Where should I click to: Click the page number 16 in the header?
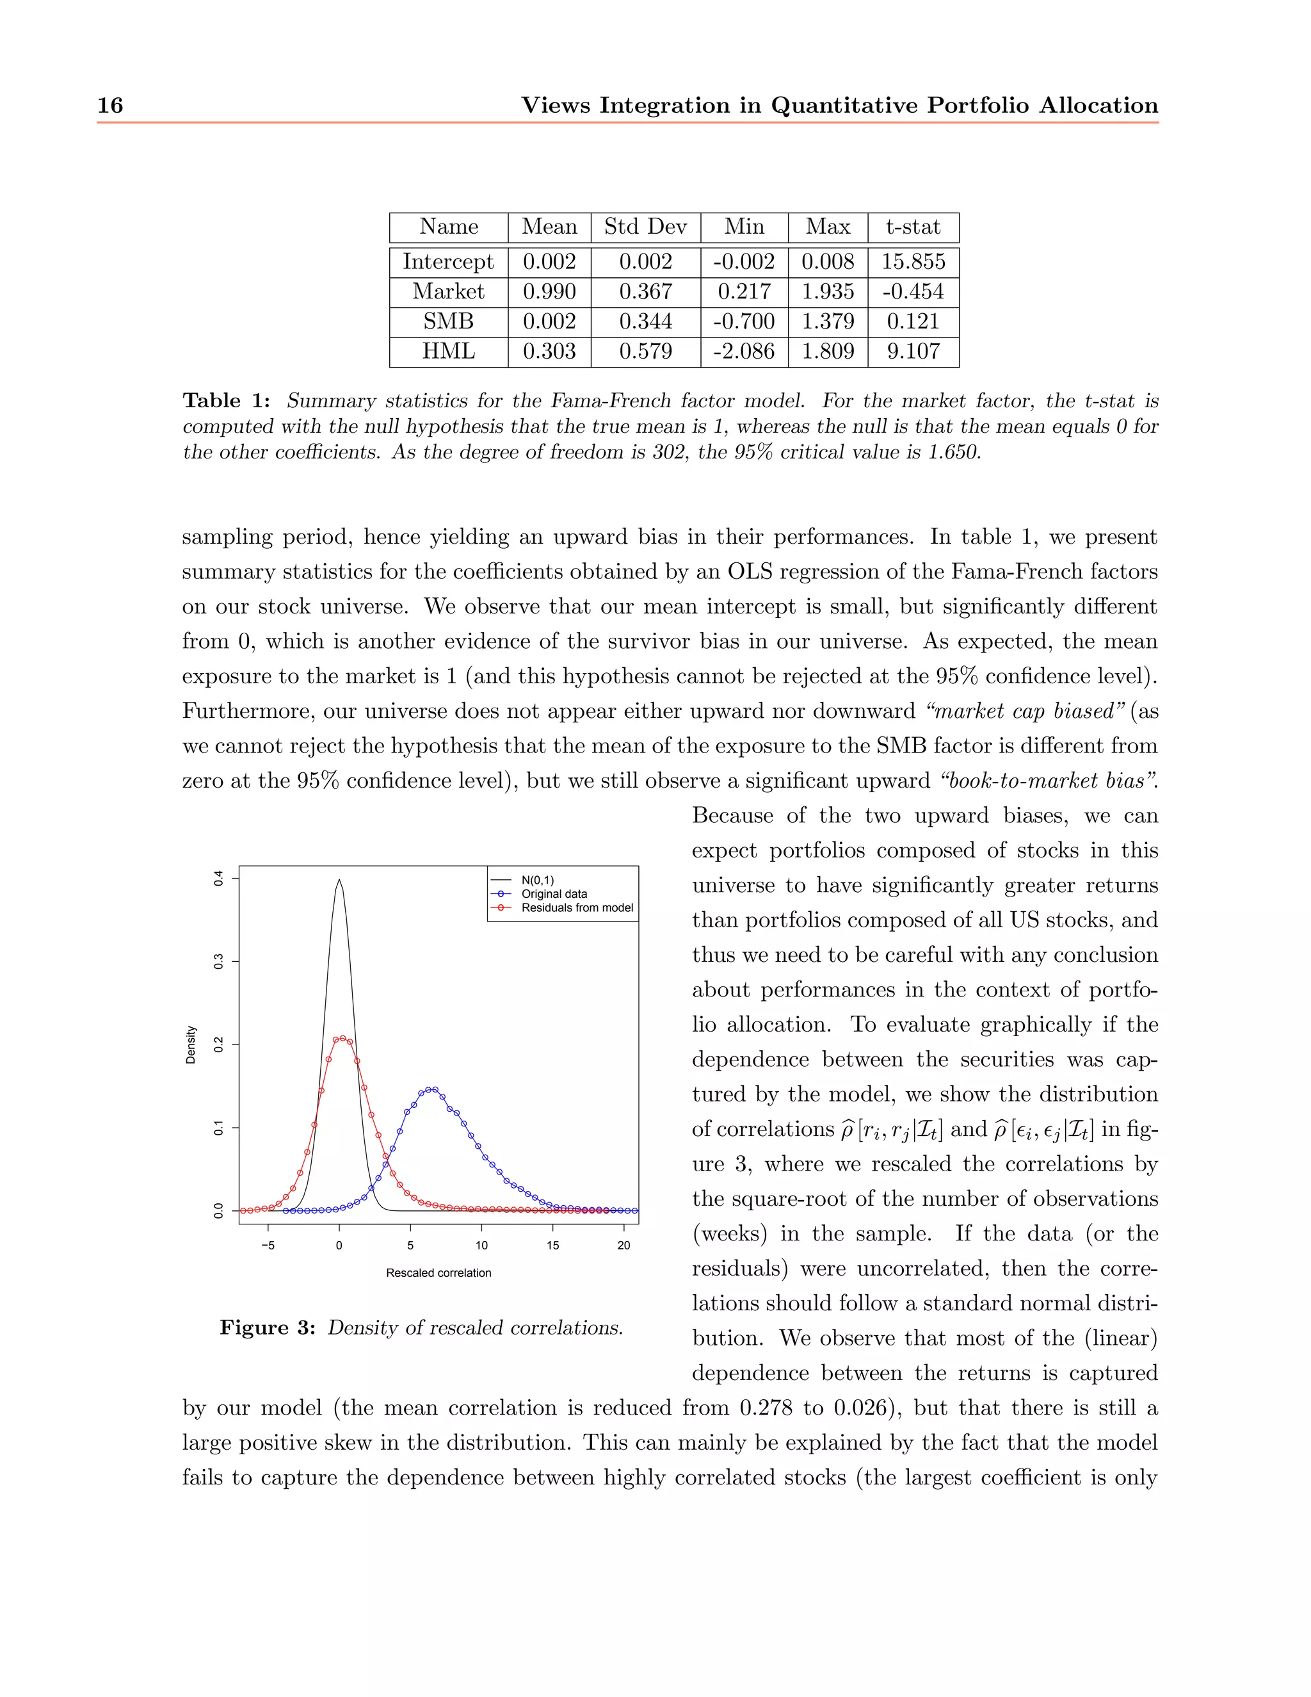click(110, 105)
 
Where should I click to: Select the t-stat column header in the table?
click(913, 227)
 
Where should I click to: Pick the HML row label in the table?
click(448, 351)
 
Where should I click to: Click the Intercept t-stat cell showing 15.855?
click(913, 262)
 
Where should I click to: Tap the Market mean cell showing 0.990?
click(549, 291)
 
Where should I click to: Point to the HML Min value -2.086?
click(743, 351)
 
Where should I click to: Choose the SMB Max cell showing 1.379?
click(827, 321)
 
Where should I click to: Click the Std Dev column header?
click(645, 227)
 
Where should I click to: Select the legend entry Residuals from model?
click(577, 907)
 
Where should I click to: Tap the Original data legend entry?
click(554, 893)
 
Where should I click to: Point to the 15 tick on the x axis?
click(552, 1245)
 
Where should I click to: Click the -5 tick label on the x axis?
click(268, 1245)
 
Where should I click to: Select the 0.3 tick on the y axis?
click(218, 961)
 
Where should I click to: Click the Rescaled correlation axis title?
click(438, 1273)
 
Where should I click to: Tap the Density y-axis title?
click(191, 1044)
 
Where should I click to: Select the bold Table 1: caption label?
click(226, 401)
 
